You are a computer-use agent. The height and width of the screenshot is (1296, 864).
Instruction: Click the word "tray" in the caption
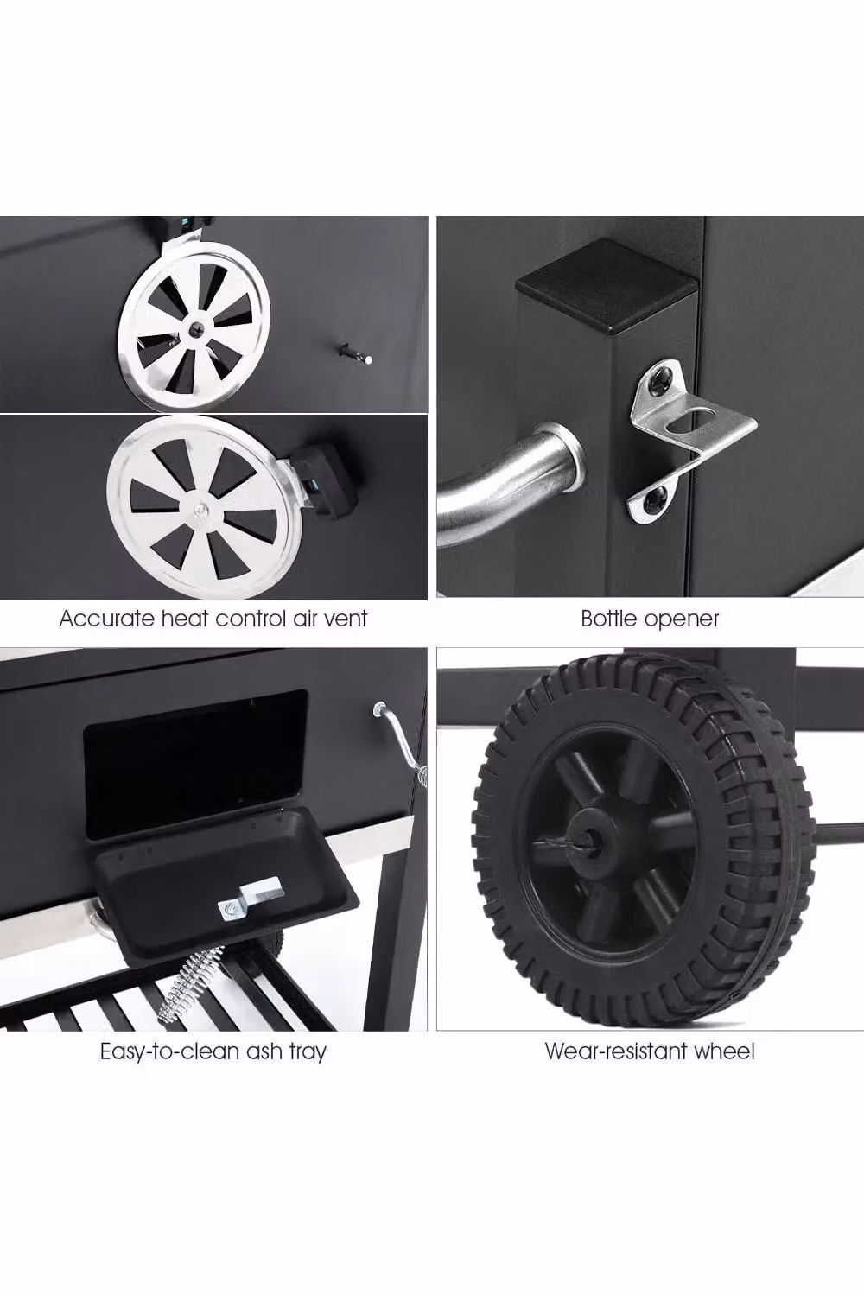(308, 1052)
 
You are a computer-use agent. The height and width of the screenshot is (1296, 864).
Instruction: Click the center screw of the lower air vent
(200, 510)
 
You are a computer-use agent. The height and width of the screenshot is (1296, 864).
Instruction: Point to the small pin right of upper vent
(354, 353)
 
